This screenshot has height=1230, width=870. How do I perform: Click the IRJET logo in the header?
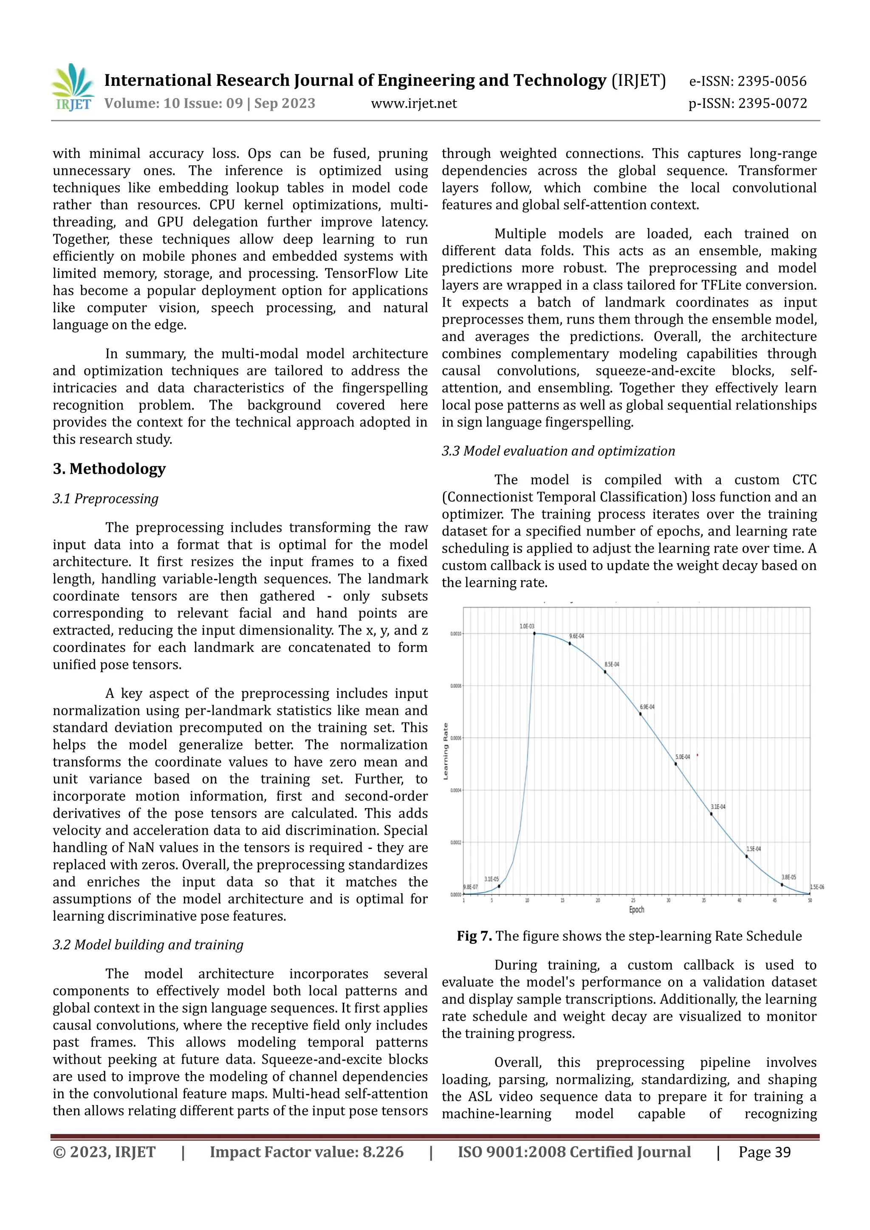point(72,87)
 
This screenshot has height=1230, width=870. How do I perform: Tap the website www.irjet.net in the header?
point(414,103)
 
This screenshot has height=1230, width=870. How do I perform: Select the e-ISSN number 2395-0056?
point(771,82)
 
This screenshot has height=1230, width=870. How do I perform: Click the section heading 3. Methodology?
point(109,469)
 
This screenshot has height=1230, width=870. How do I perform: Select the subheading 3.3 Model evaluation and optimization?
point(558,451)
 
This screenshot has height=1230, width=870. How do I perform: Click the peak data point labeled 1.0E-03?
point(534,633)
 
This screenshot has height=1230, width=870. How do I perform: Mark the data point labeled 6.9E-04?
point(640,714)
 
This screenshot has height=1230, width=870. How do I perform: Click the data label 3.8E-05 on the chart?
point(788,877)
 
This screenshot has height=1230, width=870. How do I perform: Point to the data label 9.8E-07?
point(470,887)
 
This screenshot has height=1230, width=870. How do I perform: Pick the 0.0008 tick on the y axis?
point(455,686)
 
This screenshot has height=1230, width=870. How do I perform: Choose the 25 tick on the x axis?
point(633,900)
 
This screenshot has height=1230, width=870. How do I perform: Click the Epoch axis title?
point(636,910)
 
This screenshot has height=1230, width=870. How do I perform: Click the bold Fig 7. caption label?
point(474,936)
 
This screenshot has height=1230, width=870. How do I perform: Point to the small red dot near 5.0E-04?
point(697,755)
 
